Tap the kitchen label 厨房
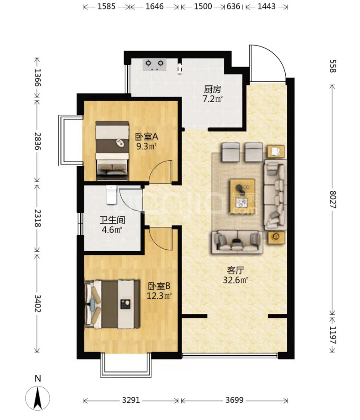(212, 89)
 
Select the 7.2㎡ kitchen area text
(212, 99)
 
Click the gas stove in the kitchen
(155, 64)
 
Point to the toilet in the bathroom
(111, 195)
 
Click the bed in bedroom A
(112, 150)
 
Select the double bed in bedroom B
(112, 304)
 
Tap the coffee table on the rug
(242, 196)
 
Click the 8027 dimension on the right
(333, 200)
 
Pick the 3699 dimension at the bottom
(234, 400)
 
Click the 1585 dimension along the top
(107, 6)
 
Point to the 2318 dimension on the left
(38, 218)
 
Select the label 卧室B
(159, 286)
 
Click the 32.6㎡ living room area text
(235, 280)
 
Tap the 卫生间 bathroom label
(113, 220)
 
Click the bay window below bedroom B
(126, 365)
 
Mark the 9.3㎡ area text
(146, 146)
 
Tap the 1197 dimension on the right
(333, 335)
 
